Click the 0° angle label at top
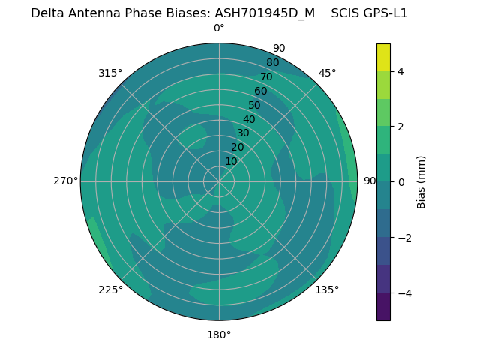(219, 28)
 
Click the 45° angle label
(328, 73)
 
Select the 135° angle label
(327, 289)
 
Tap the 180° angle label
(219, 334)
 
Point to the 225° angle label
(110, 289)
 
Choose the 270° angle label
(65, 181)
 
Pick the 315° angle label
(110, 73)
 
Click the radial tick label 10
(231, 161)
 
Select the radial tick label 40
(249, 119)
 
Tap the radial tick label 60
(260, 91)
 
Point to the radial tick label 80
(272, 63)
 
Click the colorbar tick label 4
(401, 71)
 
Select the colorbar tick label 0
(401, 182)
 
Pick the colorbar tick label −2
(403, 238)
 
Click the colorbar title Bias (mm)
(421, 182)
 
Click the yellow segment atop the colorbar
(383, 58)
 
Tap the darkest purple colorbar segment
(383, 307)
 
